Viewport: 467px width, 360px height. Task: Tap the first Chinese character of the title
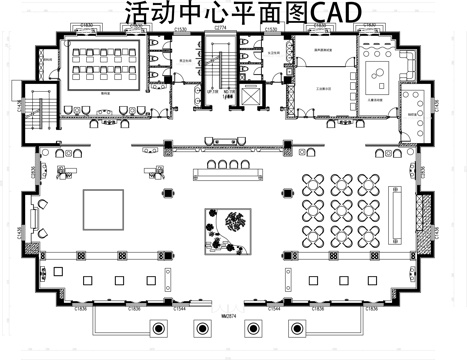[137, 13]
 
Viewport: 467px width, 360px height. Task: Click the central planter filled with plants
[229, 231]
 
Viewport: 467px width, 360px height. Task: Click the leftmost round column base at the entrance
[157, 329]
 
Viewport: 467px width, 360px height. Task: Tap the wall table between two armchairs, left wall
[38, 212]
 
